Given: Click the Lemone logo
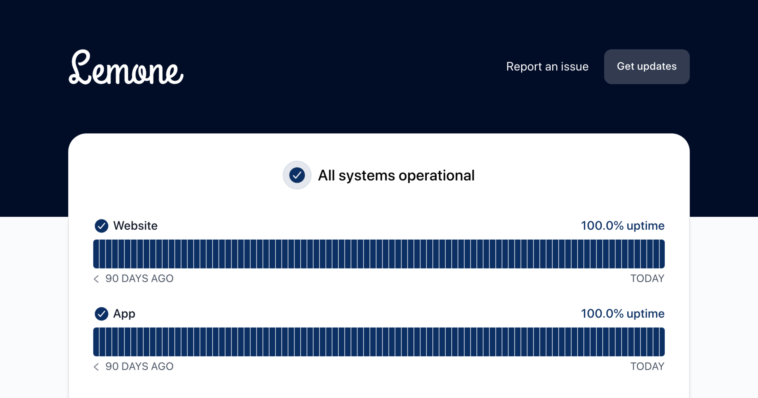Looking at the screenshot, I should click(x=126, y=67).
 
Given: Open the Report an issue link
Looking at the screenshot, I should click(x=547, y=67).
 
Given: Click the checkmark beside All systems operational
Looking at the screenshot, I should click(x=297, y=175).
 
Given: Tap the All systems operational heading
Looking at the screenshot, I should click(x=396, y=176).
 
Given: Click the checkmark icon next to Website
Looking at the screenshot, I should click(x=101, y=226).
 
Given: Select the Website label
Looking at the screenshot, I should click(x=135, y=226).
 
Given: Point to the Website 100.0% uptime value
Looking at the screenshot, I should click(x=623, y=226).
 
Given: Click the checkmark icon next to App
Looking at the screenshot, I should click(x=101, y=314).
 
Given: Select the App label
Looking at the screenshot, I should click(x=124, y=314).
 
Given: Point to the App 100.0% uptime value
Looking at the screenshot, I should click(x=623, y=314).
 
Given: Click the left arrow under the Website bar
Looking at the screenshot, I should click(x=96, y=279).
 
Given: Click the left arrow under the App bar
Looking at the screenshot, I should click(x=96, y=366).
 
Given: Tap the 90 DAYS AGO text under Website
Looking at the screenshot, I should click(x=139, y=279).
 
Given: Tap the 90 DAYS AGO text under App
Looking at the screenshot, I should click(x=139, y=366).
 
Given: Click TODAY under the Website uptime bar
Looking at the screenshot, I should click(x=647, y=279).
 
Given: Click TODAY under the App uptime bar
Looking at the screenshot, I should click(x=647, y=366).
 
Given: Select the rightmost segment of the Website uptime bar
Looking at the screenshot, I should click(x=662, y=254).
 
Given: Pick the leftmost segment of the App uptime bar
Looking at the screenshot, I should click(x=96, y=342).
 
